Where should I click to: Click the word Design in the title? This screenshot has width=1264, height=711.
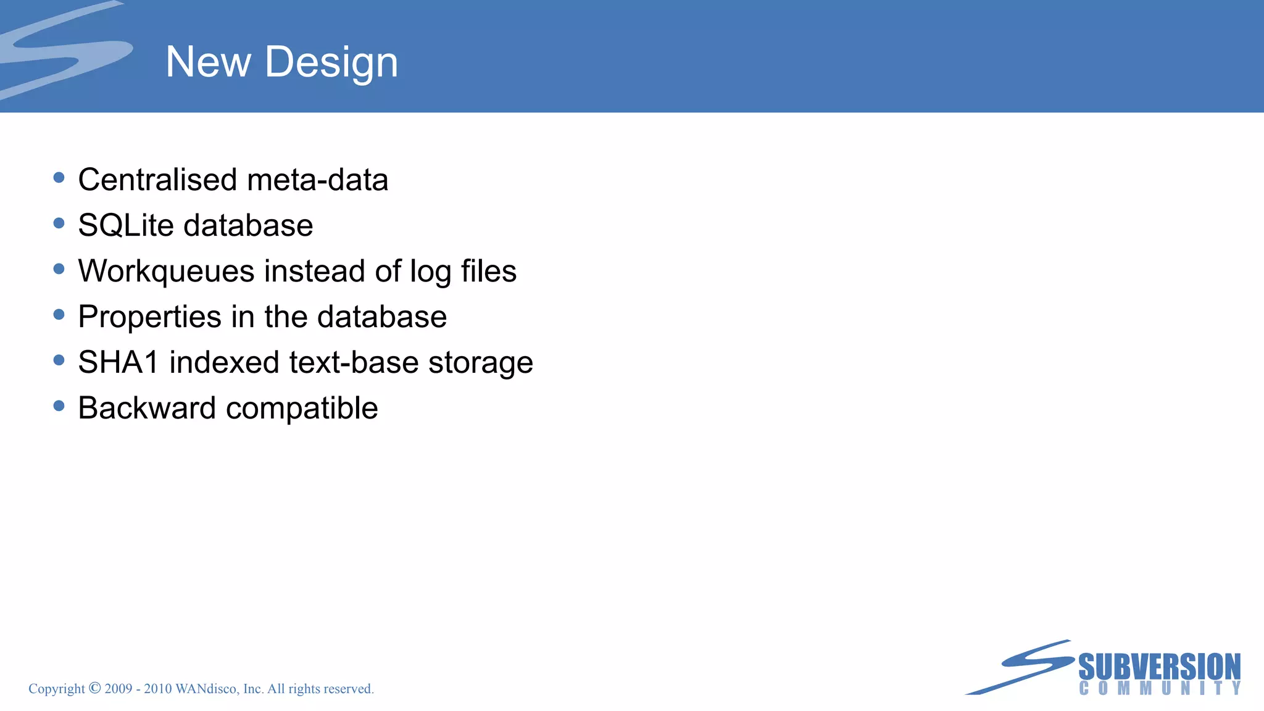coord(331,62)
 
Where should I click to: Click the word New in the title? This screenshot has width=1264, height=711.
coord(208,62)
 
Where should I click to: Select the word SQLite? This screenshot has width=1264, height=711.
coord(126,225)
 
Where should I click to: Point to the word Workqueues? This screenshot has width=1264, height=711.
coord(166,272)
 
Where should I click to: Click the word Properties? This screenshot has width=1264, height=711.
coord(149,317)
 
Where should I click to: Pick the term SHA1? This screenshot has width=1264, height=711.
coord(118,362)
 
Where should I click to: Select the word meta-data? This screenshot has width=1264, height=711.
coord(317,180)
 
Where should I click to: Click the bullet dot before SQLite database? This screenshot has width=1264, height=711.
coord(59,223)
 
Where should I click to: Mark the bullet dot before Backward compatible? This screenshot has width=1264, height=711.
coord(59,406)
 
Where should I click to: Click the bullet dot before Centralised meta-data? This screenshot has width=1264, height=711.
coord(59,178)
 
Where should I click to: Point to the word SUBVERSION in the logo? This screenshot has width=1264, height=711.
coord(1159,667)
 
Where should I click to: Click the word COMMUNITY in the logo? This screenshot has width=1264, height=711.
coord(1159,688)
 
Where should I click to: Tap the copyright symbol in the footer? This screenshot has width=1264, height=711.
coord(94,688)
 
